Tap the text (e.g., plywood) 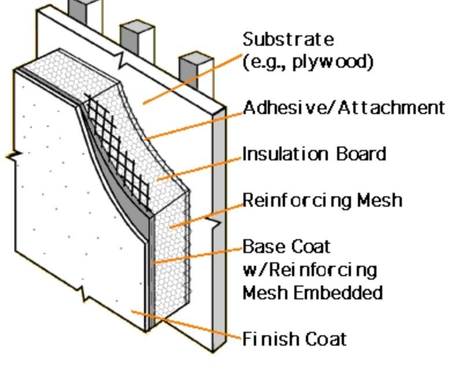coord(308,61)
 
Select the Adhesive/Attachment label coord(343,108)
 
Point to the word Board coord(360,154)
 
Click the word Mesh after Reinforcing coord(379,200)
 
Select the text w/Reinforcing coord(309,270)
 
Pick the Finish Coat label coord(294,338)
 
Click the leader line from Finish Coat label coord(185,325)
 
